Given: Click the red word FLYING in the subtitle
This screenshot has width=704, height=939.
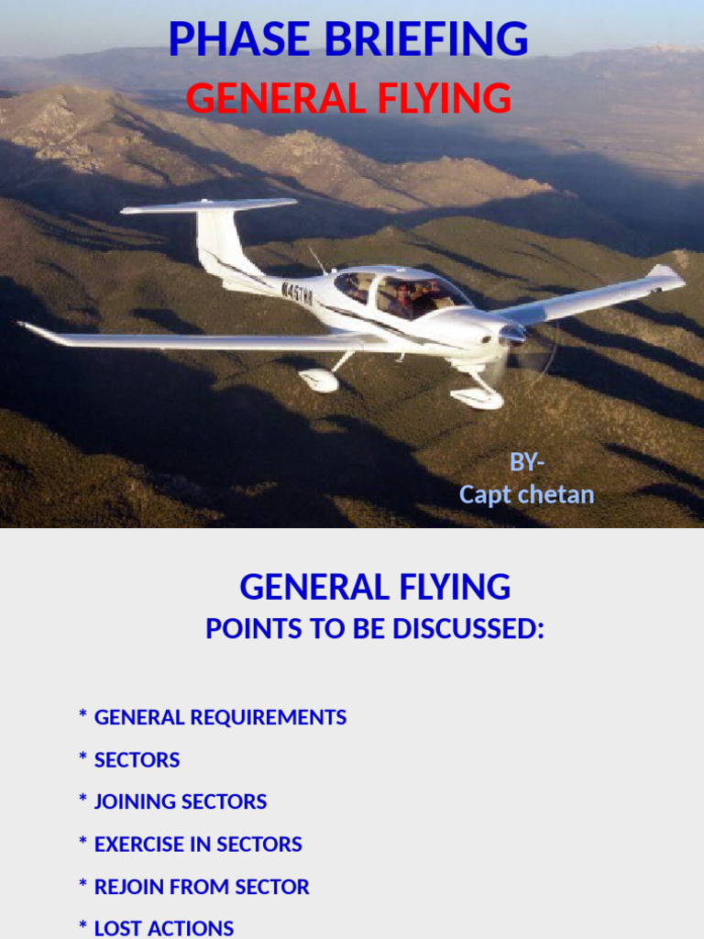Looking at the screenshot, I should (450, 98).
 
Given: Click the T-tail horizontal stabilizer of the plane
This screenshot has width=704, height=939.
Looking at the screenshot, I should (209, 206).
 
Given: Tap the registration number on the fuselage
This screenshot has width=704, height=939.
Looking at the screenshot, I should (297, 293).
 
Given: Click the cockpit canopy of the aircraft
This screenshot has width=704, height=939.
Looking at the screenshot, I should (403, 293).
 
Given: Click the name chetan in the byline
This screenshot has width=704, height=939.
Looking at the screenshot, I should (556, 495).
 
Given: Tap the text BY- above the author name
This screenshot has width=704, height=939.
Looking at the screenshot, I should (527, 462).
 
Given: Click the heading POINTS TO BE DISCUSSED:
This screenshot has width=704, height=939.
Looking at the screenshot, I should (374, 629).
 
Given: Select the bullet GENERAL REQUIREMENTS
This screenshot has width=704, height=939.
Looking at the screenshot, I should (220, 717).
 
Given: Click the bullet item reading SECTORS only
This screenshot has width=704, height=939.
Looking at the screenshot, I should (137, 760).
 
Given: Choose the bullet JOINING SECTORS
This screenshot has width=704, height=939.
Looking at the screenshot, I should (181, 801).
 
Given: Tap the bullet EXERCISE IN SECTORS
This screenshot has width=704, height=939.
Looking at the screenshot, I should (198, 845).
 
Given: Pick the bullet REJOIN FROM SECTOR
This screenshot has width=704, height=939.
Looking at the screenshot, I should (202, 887).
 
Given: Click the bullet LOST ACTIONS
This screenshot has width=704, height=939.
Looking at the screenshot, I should (164, 928).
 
